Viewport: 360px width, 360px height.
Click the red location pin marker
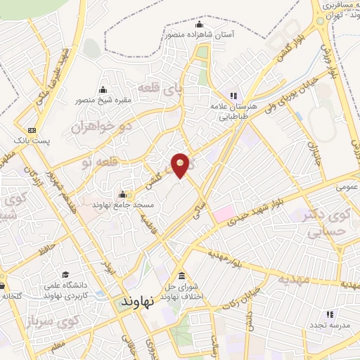point(181,165)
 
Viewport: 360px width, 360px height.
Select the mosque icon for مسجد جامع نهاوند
point(123,195)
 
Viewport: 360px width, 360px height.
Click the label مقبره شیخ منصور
point(103,99)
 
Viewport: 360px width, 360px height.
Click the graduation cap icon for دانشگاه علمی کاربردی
point(65,275)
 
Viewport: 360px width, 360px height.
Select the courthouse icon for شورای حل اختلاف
point(182,275)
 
